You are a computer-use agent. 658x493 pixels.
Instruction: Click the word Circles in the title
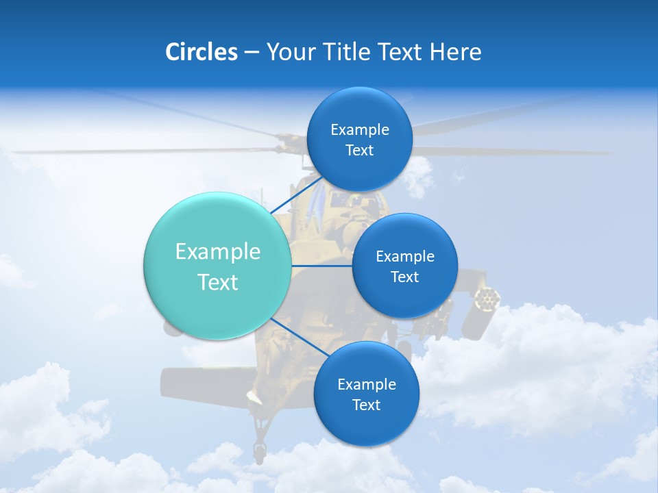click(202, 52)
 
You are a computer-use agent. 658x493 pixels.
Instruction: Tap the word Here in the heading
click(455, 52)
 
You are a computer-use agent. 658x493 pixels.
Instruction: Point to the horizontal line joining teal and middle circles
click(321, 266)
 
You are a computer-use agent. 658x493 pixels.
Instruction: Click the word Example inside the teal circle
click(218, 252)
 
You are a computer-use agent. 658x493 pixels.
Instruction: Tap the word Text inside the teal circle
click(218, 282)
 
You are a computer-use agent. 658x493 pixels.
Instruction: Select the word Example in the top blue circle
click(360, 130)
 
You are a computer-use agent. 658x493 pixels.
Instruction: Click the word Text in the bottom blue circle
click(366, 405)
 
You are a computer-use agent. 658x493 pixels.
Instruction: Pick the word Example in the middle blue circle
click(405, 257)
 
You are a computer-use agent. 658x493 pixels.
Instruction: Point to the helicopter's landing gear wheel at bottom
click(259, 451)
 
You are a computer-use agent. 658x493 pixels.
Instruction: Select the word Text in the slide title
click(400, 52)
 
